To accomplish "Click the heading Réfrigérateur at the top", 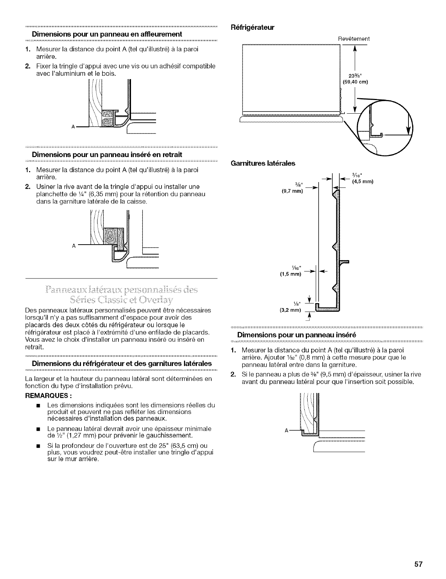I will [253, 27].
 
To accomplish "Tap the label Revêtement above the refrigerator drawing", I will [354, 39].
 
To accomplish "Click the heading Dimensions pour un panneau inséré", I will [297, 335].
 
